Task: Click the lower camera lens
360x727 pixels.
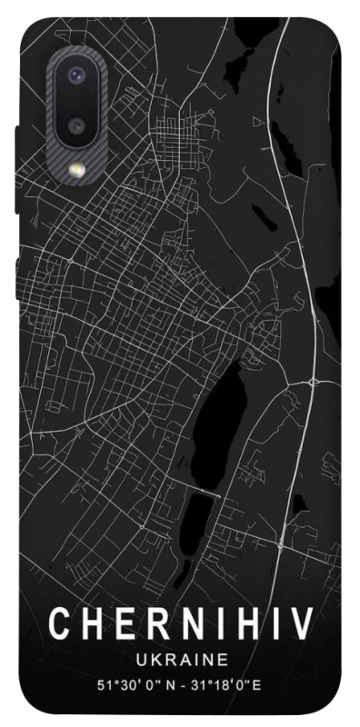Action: point(76,125)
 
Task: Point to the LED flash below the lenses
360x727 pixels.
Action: point(76,169)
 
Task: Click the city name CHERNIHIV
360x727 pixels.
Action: point(181,624)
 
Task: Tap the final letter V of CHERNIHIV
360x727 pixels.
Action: point(305,624)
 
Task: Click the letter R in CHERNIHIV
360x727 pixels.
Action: point(156,624)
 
